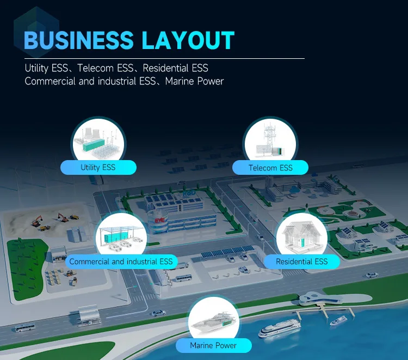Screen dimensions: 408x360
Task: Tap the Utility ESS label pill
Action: [x=98, y=167]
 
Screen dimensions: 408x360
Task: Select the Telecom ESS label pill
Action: [x=270, y=168]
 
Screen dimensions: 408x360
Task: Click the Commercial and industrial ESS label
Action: [x=121, y=262]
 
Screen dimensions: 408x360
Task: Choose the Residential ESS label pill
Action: [x=301, y=262]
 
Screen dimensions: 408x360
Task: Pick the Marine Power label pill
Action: [x=213, y=345]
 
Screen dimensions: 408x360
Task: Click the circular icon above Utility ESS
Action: [x=98, y=141]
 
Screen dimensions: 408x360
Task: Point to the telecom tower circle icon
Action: [x=270, y=142]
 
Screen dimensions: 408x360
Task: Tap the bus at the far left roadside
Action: [x=23, y=328]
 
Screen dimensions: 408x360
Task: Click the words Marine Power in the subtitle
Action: [x=194, y=81]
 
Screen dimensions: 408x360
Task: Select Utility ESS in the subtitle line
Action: [x=48, y=69]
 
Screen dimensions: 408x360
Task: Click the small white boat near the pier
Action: [x=338, y=320]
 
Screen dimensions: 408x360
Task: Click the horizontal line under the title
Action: [x=163, y=58]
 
